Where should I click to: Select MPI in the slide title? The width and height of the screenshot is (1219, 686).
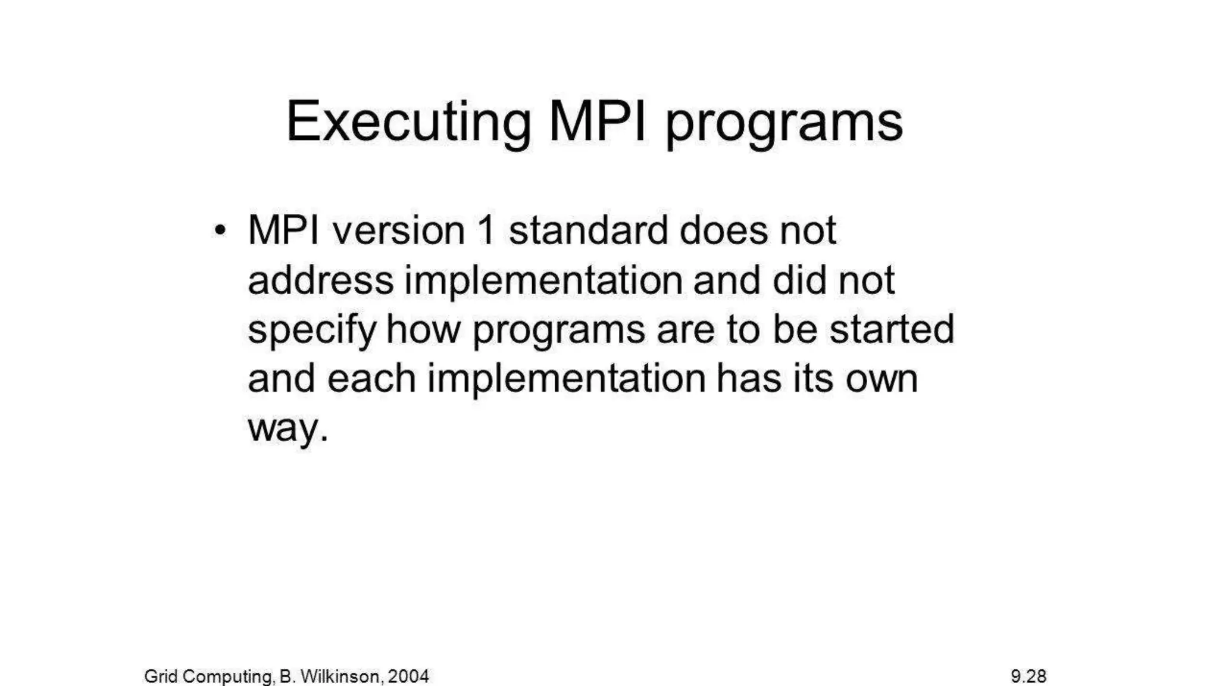point(597,122)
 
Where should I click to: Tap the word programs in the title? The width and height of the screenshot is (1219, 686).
point(784,125)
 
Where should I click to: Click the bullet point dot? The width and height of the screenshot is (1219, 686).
point(220,230)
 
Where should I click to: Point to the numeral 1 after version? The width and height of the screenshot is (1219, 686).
point(486,230)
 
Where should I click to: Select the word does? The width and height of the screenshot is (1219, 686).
point(723,230)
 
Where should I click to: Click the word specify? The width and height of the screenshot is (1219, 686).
point(312,331)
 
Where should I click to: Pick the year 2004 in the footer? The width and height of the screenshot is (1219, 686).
point(408,676)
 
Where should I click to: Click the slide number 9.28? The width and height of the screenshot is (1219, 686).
point(1028,676)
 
